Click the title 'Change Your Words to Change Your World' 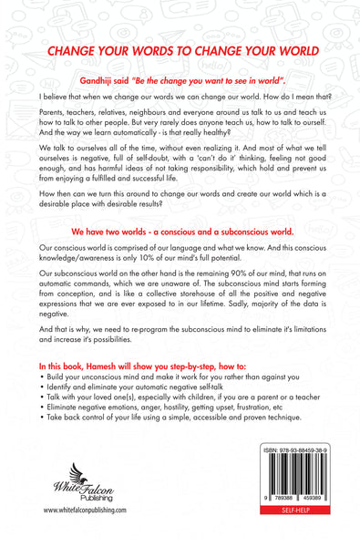pos(180,52)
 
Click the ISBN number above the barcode pos(295,476)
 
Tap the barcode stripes pos(295,499)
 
